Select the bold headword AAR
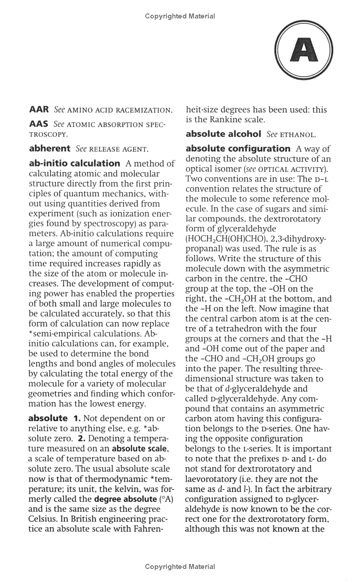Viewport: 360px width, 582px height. click(39, 109)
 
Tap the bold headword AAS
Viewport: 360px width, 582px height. click(38, 124)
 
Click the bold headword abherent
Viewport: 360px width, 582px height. click(49, 148)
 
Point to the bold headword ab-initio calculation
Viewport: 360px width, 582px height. click(74, 163)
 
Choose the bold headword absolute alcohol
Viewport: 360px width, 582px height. click(223, 134)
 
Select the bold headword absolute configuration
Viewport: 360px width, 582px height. click(238, 148)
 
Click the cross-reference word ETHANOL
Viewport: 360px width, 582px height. click(297, 134)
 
